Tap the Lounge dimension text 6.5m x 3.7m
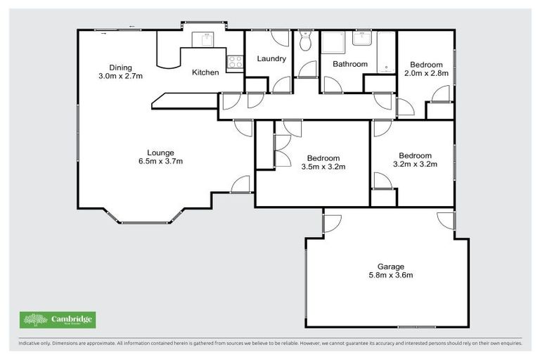click(x=160, y=161)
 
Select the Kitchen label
click(x=205, y=72)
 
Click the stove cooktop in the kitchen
click(x=234, y=62)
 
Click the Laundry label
click(x=271, y=58)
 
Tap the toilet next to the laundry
click(x=304, y=43)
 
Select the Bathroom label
click(x=350, y=64)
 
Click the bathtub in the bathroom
click(x=387, y=52)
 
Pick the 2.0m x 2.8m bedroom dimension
click(x=426, y=73)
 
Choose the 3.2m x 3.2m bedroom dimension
click(x=415, y=165)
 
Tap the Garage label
click(x=390, y=266)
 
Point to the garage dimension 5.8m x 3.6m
click(x=390, y=276)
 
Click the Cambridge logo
click(x=58, y=320)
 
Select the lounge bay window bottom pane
click(x=146, y=223)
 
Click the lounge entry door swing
click(x=241, y=185)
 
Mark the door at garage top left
click(x=331, y=223)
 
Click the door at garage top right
click(x=446, y=221)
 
